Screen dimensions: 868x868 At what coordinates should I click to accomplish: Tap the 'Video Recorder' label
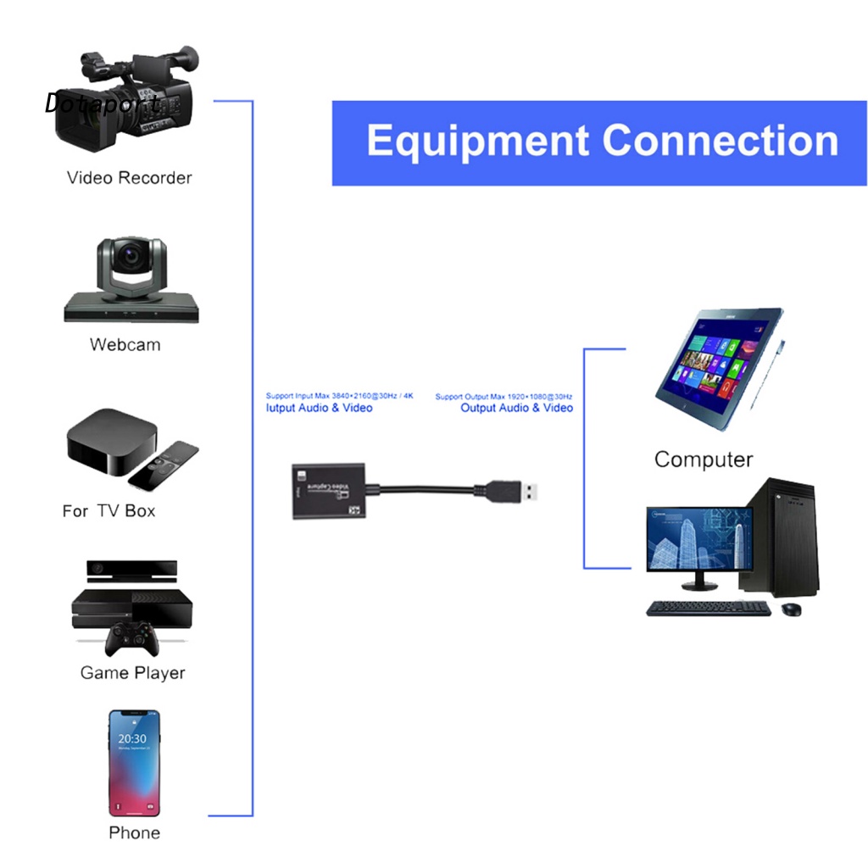coord(129,178)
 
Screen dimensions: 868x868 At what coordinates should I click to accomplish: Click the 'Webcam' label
coord(125,345)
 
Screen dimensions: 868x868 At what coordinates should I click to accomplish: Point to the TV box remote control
coord(164,465)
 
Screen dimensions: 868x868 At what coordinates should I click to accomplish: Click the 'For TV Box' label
coord(108,511)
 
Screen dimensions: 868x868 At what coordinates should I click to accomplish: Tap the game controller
coord(131,637)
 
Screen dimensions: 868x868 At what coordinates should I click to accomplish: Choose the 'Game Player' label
coord(132,673)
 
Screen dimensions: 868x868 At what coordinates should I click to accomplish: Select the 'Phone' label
coord(134,833)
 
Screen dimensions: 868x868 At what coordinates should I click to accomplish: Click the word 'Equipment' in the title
coord(478,142)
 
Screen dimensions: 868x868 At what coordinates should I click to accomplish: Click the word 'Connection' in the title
coord(720,142)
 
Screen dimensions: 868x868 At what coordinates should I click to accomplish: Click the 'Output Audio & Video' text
coord(516,409)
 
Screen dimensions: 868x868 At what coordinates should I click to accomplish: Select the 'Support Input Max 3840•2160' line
coord(339,396)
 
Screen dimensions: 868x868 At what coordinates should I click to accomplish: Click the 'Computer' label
coord(703,460)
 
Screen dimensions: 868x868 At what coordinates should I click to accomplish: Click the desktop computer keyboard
coord(708,609)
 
